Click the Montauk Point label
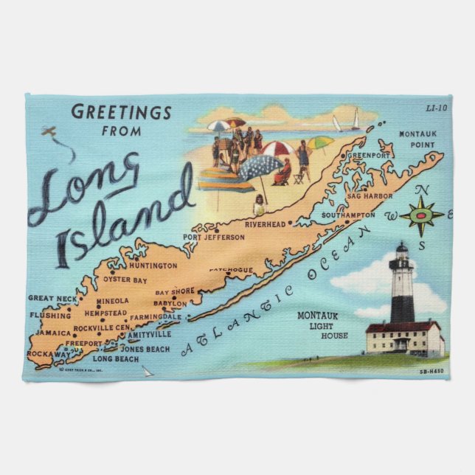pyautogui.click(x=417, y=139)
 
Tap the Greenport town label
pyautogui.click(x=368, y=156)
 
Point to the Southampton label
pyautogui.click(x=349, y=215)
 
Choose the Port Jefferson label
pyautogui.click(x=214, y=237)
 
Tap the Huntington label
pyautogui.click(x=153, y=266)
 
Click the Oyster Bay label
pyautogui.click(x=125, y=280)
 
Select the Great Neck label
pyautogui.click(x=52, y=298)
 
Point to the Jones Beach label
pyautogui.click(x=145, y=349)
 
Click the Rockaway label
pyautogui.click(x=49, y=355)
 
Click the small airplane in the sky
pyautogui.click(x=50, y=132)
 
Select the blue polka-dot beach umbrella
pyautogui.click(x=260, y=167)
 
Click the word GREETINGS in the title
pyautogui.click(x=121, y=113)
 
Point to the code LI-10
pyautogui.click(x=436, y=108)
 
